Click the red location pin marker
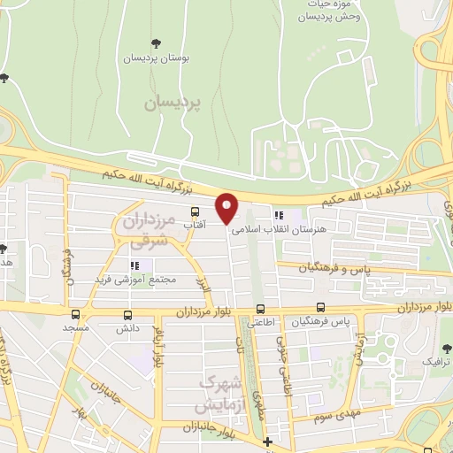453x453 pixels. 227,208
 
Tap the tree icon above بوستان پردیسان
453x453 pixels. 157,43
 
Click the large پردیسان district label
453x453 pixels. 173,103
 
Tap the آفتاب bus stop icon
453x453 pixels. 195,212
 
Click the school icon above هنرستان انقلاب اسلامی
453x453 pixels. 280,215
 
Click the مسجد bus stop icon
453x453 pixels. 74,314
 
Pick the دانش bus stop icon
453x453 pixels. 128,314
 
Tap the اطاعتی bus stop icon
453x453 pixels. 260,310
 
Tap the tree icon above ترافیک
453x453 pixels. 445,347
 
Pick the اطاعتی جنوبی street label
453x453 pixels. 282,367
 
